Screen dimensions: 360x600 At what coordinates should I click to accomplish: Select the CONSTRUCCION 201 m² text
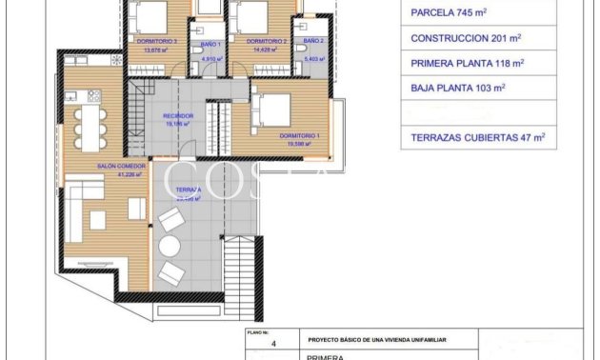pos(466,38)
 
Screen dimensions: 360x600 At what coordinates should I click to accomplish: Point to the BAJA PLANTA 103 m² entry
pos(458,88)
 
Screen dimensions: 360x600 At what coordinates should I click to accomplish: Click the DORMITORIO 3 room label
pos(157,43)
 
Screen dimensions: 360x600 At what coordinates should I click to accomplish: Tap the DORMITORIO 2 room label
pos(267,43)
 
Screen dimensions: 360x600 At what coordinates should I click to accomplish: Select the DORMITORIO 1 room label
pos(299,136)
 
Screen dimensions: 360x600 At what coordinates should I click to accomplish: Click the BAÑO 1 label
pos(210,44)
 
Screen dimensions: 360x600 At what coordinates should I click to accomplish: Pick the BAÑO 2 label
pos(313,43)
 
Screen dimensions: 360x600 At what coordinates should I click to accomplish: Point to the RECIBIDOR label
pos(178,116)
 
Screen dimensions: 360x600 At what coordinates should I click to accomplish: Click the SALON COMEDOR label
pos(119,167)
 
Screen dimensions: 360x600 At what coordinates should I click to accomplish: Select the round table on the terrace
pos(169,247)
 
